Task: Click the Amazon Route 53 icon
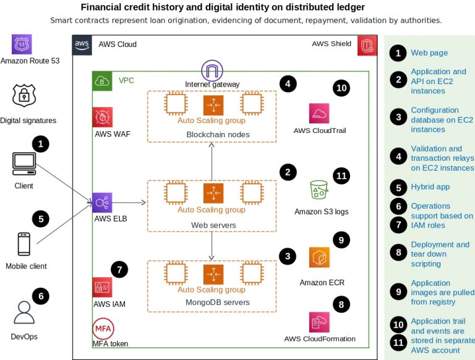tap(22, 45)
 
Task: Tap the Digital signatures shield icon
tap(24, 95)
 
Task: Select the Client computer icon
tap(24, 164)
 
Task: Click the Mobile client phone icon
tap(24, 244)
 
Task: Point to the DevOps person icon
tap(24, 312)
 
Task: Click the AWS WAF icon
tap(103, 117)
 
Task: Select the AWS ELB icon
tap(102, 202)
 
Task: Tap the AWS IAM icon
tap(103, 287)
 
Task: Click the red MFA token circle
tap(103, 328)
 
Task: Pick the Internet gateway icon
tap(212, 71)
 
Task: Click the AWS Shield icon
tap(367, 46)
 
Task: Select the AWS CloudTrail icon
tap(319, 113)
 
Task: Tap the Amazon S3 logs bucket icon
tap(319, 190)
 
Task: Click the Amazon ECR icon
tap(319, 257)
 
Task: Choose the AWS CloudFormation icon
tap(319, 322)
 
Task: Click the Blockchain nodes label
tap(218, 135)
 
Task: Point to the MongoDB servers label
tap(218, 302)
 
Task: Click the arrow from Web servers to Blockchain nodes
tap(212, 161)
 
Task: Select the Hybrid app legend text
tap(430, 187)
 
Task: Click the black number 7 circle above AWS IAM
tap(119, 270)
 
